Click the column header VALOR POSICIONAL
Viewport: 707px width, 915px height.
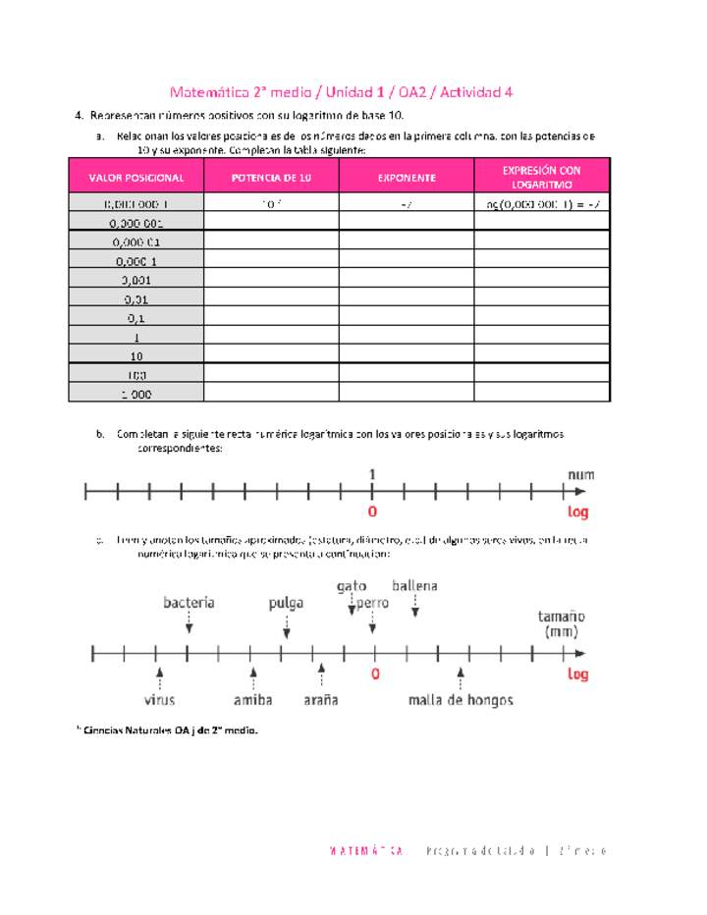tap(136, 178)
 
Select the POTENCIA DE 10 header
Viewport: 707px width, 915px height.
tap(271, 178)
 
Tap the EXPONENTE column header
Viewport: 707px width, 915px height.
tap(407, 178)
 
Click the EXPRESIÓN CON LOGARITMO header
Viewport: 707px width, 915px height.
tap(542, 178)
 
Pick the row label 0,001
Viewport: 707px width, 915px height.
tap(136, 279)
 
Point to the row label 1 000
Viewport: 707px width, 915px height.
tap(136, 394)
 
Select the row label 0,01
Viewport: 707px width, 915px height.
tap(136, 298)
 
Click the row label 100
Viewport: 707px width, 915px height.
tap(136, 375)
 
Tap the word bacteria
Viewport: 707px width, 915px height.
tap(189, 603)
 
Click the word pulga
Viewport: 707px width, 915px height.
tap(286, 603)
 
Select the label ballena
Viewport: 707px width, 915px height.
tap(414, 586)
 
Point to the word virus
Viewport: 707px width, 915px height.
tap(159, 700)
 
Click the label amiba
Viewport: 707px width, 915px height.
tap(252, 700)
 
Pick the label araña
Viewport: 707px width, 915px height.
tap(320, 700)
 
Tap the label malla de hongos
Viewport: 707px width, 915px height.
tap(461, 700)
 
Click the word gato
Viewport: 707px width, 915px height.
tap(352, 586)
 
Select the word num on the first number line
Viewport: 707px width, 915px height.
tap(580, 474)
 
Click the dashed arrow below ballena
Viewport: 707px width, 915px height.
tap(415, 608)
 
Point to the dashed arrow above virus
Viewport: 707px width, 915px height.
tap(159, 677)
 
